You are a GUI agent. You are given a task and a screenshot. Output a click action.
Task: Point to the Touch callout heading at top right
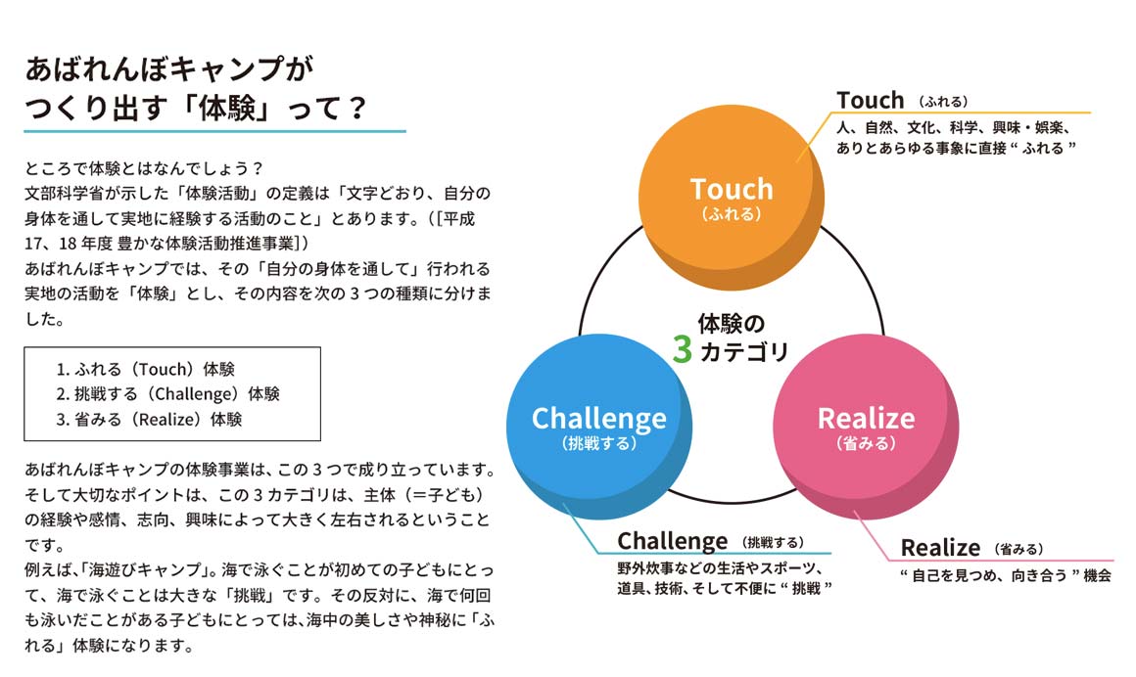coord(871,100)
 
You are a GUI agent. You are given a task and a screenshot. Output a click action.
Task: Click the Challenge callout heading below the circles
coord(672,541)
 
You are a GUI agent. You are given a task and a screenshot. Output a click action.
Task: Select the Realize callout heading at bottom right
coord(940,548)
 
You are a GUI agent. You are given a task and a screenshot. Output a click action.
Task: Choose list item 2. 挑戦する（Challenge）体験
coord(167,394)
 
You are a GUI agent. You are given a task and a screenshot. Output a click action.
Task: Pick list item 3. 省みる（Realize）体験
coord(149,419)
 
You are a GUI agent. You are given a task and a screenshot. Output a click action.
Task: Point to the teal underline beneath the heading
coord(215,130)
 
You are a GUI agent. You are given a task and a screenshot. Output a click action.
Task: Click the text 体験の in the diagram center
coord(731,323)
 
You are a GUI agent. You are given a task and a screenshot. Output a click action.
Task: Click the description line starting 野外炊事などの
coord(720,568)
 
